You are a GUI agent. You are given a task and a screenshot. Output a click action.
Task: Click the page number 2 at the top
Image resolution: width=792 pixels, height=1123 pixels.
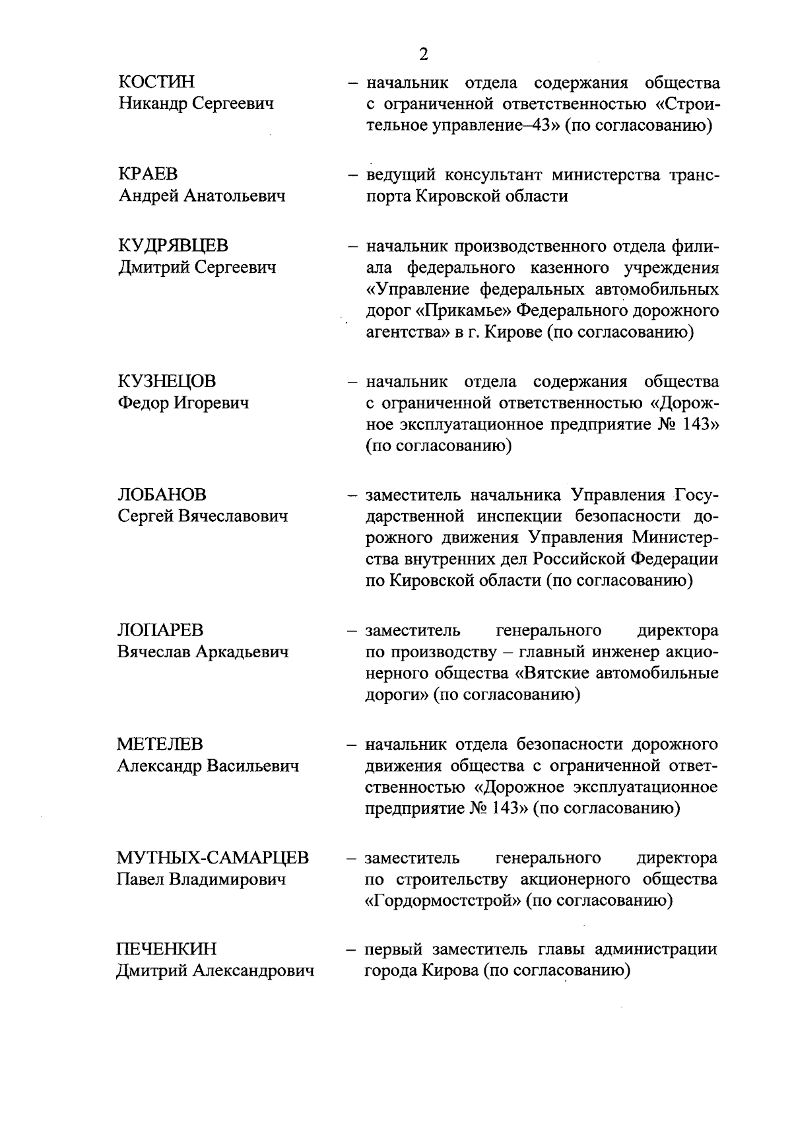tap(424, 55)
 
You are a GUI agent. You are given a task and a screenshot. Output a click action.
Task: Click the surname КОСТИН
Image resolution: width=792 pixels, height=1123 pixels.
tap(156, 82)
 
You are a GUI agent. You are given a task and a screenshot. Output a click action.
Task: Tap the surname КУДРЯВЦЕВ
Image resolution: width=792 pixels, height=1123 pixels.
tap(173, 246)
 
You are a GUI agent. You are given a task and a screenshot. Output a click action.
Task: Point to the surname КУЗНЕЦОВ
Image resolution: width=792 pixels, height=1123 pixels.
tap(166, 382)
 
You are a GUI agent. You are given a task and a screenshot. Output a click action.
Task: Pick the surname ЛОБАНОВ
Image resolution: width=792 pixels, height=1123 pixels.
tap(162, 495)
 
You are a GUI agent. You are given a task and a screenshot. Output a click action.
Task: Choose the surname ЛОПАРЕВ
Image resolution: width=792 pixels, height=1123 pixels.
tap(160, 630)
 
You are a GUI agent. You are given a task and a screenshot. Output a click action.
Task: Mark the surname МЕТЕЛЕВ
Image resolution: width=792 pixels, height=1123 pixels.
tap(160, 744)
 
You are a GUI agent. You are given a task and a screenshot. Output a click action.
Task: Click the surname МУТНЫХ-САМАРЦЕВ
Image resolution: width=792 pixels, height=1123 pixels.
tap(213, 858)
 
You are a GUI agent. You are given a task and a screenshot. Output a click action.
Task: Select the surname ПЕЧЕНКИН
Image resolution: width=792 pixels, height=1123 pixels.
tap(166, 949)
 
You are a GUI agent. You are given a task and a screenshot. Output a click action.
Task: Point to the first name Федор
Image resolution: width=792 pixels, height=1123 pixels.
tap(142, 403)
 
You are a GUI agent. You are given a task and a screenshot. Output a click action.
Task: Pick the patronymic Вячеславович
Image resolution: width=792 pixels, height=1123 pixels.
tap(233, 517)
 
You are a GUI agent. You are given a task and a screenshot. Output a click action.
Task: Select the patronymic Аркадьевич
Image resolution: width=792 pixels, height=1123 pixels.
tap(242, 652)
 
